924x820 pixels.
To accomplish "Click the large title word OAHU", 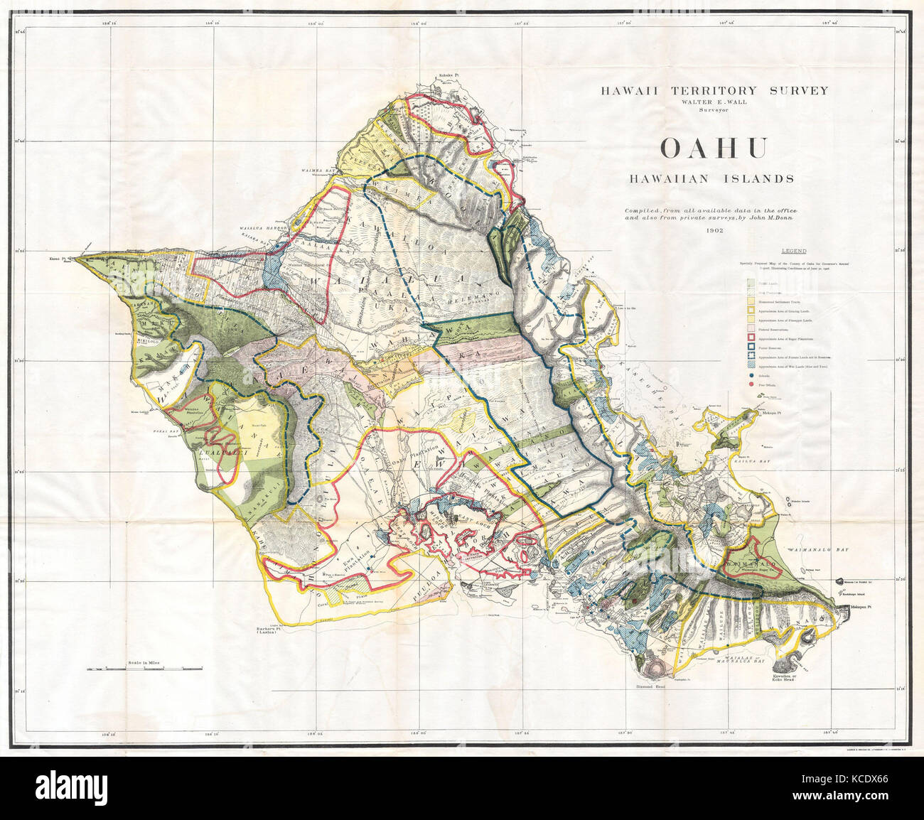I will coord(714,148).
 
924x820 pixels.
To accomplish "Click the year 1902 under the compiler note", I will coord(715,231).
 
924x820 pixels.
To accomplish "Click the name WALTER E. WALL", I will coord(714,102).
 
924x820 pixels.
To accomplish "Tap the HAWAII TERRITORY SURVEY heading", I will coord(714,90).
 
